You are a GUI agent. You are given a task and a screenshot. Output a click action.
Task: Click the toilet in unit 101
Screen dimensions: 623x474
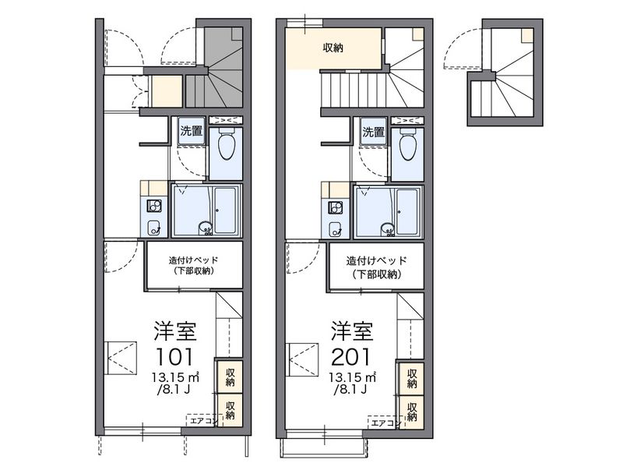pos(226,143)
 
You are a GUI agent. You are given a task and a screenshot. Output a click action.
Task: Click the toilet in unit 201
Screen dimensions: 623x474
pos(407,143)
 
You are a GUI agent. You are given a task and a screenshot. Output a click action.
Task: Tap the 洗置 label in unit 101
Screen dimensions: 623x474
pos(192,131)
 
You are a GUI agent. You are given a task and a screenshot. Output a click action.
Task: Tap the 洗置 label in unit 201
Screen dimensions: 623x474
pos(374,132)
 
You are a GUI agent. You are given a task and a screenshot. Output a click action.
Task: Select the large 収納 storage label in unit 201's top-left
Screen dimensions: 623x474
pos(333,48)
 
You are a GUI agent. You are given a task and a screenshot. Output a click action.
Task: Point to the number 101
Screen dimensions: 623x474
pos(174,357)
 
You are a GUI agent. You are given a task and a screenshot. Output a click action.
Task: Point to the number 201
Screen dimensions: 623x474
pos(351,357)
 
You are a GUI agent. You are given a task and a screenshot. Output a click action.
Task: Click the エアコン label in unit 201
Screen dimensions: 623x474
pos(384,423)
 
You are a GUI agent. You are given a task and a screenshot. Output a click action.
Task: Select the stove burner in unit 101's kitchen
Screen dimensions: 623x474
pos(153,206)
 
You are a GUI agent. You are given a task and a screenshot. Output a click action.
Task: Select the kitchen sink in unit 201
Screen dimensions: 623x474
pos(336,229)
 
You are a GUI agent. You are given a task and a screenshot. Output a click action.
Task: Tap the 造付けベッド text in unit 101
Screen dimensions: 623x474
pos(194,261)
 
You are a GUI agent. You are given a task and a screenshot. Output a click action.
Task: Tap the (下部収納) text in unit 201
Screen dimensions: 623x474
pos(375,274)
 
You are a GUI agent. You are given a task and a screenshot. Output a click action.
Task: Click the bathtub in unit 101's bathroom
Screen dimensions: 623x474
pos(225,210)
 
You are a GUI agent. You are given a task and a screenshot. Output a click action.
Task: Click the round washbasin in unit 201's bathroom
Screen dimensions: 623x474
pos(387,228)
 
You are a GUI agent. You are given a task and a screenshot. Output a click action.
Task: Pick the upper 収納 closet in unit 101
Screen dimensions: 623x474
pos(230,377)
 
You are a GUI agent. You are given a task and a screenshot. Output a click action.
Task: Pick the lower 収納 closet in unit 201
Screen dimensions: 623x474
pos(412,412)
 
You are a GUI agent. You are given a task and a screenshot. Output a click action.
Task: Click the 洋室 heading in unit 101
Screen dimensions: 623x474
pos(175,331)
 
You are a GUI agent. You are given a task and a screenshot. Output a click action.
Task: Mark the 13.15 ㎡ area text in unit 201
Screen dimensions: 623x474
pos(353,377)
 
